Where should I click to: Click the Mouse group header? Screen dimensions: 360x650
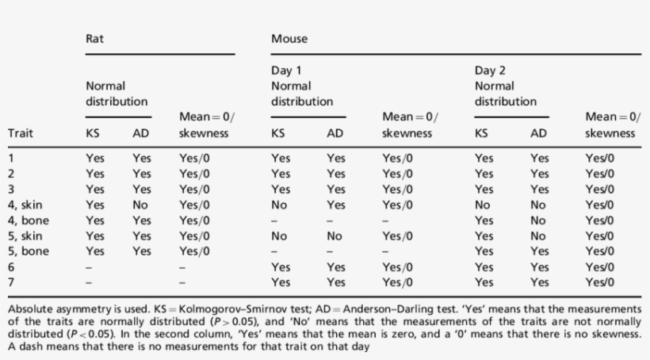click(289, 38)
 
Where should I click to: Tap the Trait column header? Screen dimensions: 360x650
click(21, 133)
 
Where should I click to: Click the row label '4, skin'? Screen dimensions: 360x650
click(26, 204)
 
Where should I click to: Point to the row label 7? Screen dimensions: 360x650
click(11, 281)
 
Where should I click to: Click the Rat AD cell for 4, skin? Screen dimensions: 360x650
click(141, 204)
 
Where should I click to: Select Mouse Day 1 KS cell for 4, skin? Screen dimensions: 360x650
click(278, 204)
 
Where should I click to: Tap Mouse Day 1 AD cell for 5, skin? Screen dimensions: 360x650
click(335, 236)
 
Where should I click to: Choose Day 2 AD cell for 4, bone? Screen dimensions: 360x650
click(538, 220)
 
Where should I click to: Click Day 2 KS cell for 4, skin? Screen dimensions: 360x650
click(482, 204)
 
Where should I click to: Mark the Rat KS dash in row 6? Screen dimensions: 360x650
click(90, 266)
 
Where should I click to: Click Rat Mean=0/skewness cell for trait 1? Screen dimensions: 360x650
click(194, 158)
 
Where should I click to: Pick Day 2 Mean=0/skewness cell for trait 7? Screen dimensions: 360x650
click(600, 281)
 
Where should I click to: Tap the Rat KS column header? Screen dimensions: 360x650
click(93, 133)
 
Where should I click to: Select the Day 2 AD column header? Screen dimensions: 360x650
click(539, 133)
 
